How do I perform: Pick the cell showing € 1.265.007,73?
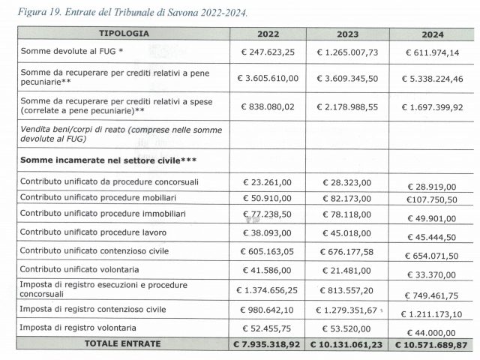pyautogui.click(x=348, y=53)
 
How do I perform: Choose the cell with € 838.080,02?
pyautogui.click(x=268, y=106)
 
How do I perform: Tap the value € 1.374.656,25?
pyautogui.click(x=268, y=289)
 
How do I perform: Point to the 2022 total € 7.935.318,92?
pyautogui.click(x=268, y=346)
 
